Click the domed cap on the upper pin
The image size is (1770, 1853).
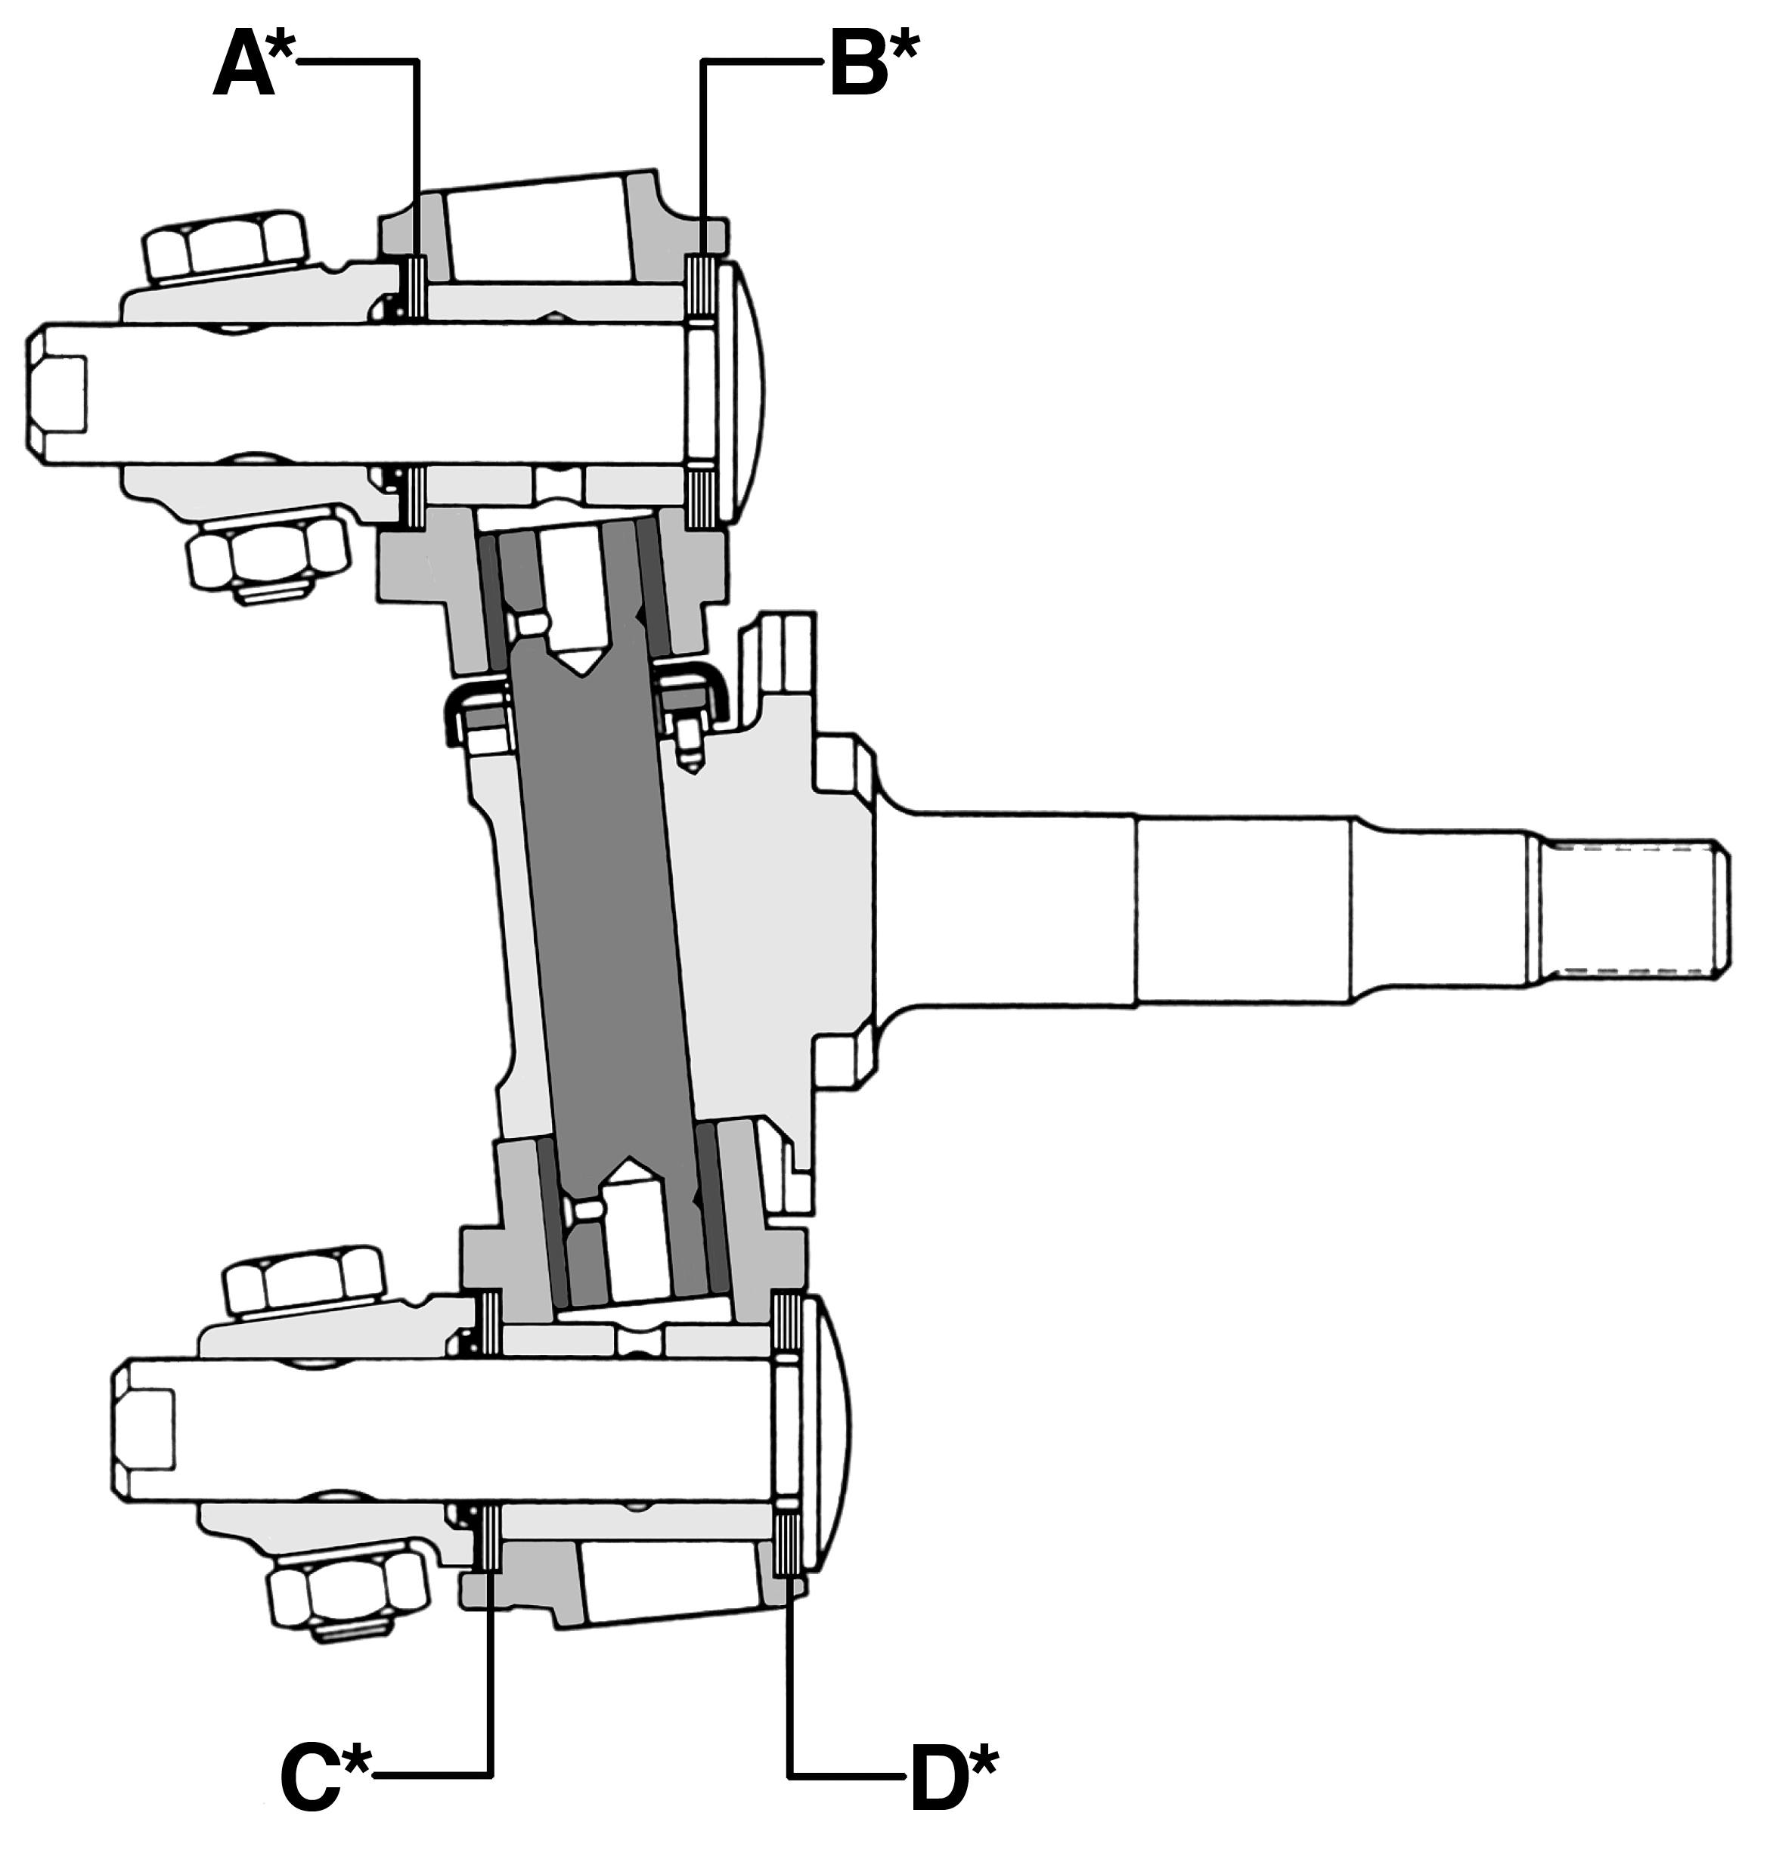click(742, 391)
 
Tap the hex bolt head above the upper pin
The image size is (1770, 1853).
click(226, 247)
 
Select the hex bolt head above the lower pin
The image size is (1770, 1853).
click(304, 1283)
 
